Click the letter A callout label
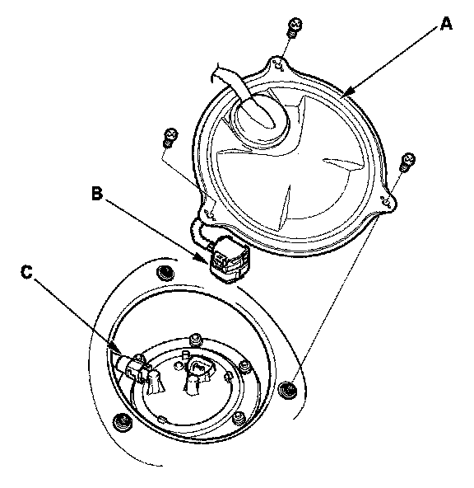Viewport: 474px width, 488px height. (446, 24)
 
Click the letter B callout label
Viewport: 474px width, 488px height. (97, 193)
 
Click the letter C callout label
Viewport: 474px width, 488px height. (26, 271)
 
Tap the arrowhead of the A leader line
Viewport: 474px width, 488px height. (349, 91)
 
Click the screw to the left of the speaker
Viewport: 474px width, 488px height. (170, 137)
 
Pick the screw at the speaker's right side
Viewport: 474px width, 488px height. (407, 162)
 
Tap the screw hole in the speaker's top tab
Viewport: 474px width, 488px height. (279, 65)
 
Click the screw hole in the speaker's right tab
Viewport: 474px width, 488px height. (387, 202)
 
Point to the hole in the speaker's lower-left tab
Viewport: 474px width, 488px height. (210, 215)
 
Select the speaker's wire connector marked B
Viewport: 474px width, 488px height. (230, 259)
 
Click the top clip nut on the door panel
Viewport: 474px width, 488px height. (165, 273)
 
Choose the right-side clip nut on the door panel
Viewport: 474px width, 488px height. (288, 389)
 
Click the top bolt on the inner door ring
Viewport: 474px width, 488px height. (196, 339)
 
